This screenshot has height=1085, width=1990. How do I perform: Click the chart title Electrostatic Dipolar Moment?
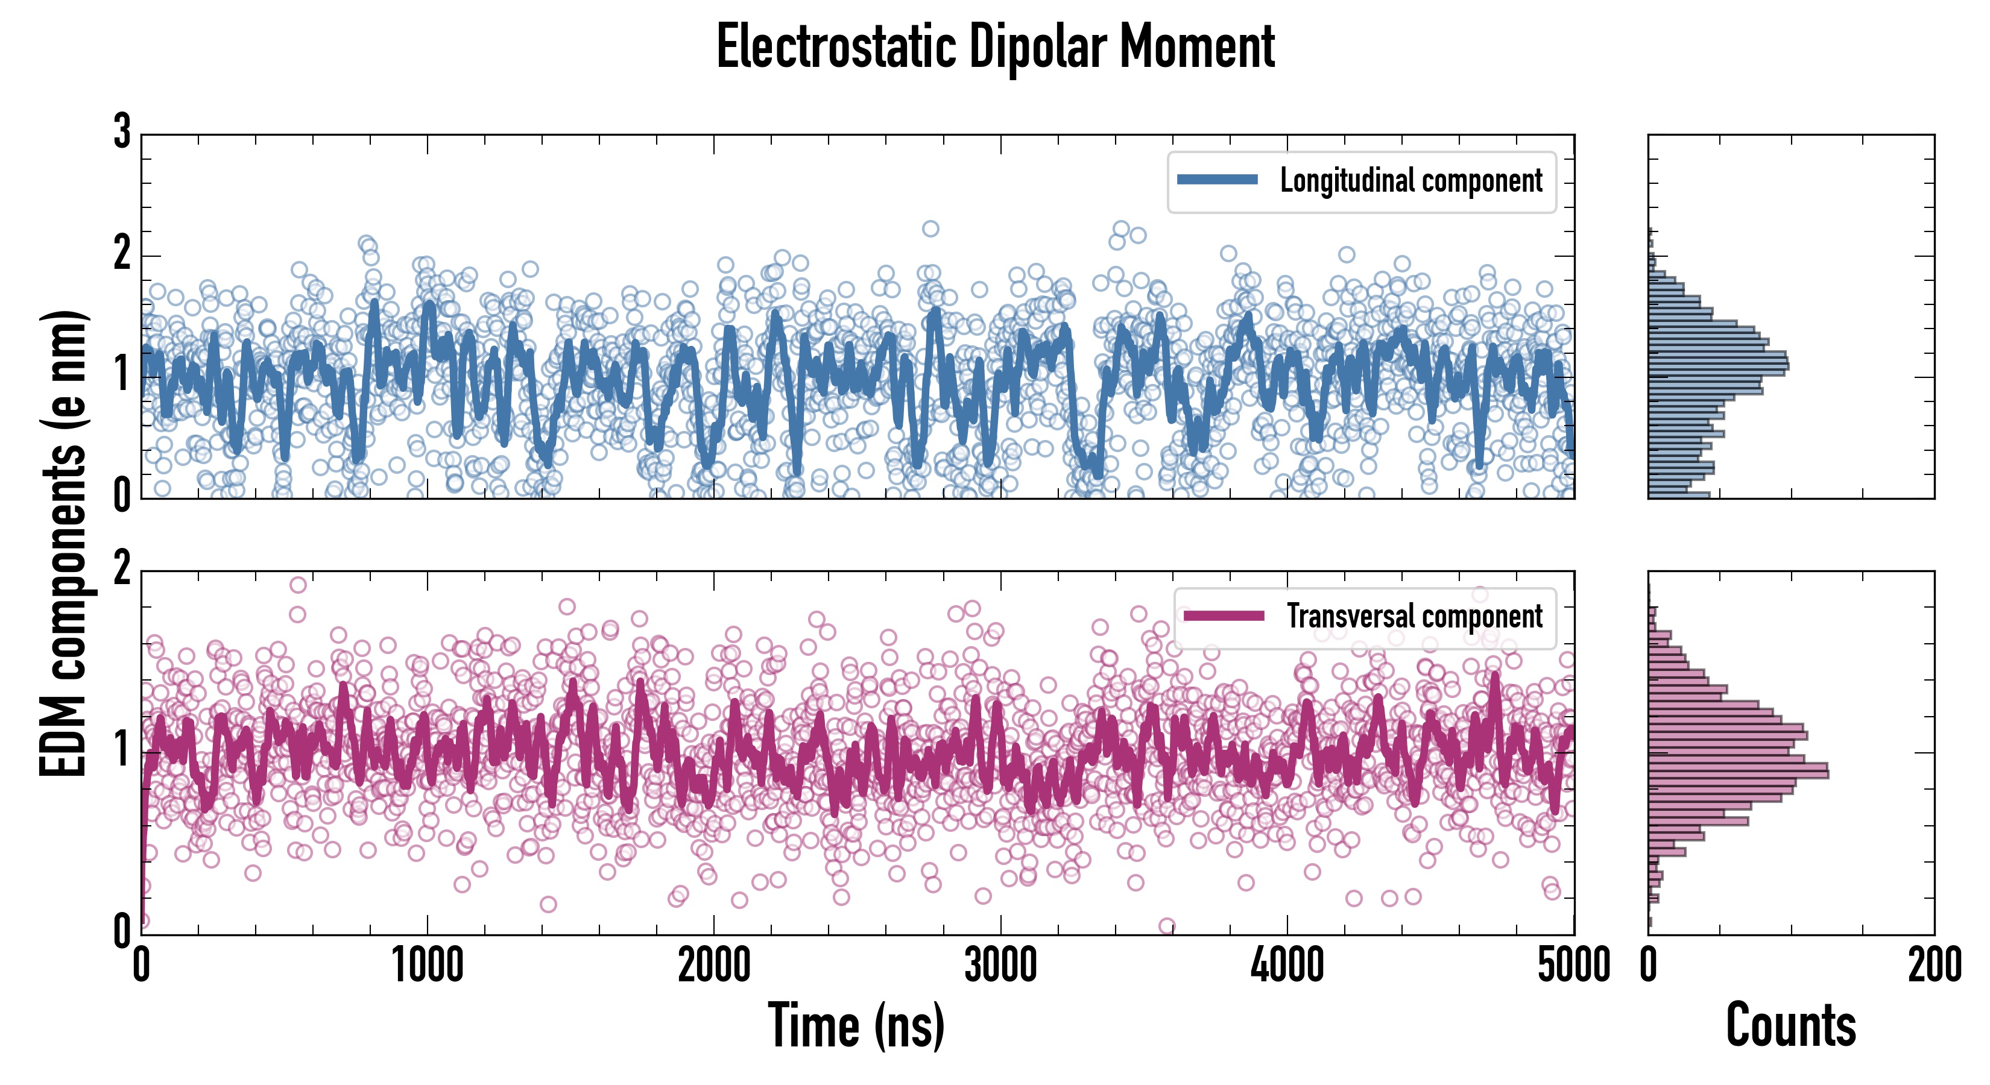pyautogui.click(x=995, y=46)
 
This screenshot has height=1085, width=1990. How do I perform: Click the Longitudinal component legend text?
pyautogui.click(x=1410, y=181)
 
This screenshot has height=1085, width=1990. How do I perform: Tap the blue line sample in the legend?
pyautogui.click(x=1217, y=180)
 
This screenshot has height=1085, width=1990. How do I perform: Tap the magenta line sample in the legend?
pyautogui.click(x=1224, y=615)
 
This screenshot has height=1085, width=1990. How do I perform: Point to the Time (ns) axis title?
pyautogui.click(x=856, y=1025)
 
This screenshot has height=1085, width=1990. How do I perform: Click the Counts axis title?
pyautogui.click(x=1790, y=1025)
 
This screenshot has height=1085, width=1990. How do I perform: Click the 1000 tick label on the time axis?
pyautogui.click(x=427, y=965)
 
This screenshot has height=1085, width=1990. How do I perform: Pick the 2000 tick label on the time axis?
pyautogui.click(x=714, y=965)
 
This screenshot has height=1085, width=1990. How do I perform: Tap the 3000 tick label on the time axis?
pyautogui.click(x=1000, y=965)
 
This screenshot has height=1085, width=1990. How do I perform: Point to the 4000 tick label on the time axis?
pyautogui.click(x=1287, y=965)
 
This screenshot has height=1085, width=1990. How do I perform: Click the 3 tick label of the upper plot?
pyautogui.click(x=122, y=132)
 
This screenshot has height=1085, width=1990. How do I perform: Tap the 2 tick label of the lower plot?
pyautogui.click(x=122, y=569)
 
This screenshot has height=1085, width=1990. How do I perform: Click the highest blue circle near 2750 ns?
pyautogui.click(x=931, y=228)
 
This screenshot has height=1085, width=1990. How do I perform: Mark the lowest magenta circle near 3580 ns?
pyautogui.click(x=1166, y=925)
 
